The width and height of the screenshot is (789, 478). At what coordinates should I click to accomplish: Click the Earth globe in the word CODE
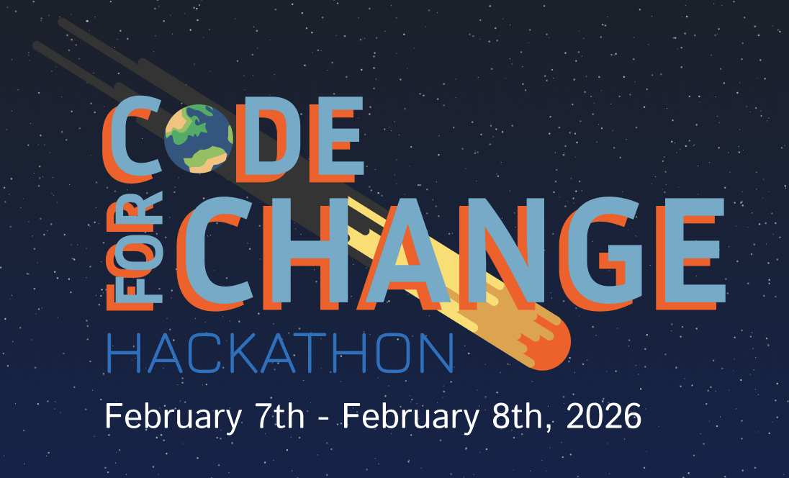[x=199, y=138]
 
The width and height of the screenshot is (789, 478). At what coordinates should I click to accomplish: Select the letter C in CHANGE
[x=216, y=249]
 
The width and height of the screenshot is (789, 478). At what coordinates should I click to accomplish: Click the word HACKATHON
[x=280, y=353]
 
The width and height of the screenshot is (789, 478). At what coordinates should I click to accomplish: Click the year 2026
[x=604, y=417]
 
